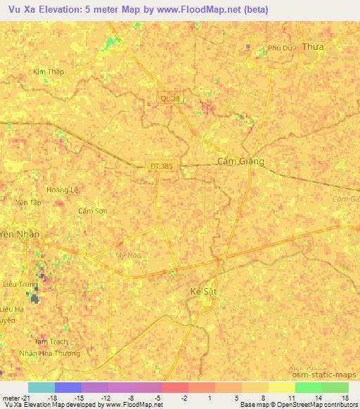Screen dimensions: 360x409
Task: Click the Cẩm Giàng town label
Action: click(x=240, y=161)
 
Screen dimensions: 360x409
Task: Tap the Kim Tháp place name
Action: click(x=48, y=72)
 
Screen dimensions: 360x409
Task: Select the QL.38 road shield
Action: click(x=171, y=99)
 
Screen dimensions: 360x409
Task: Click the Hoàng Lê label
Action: click(x=61, y=190)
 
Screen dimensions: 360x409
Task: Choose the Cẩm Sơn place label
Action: click(x=92, y=211)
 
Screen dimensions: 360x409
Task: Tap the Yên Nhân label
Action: click(x=20, y=234)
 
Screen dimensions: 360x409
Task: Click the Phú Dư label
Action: click(x=280, y=48)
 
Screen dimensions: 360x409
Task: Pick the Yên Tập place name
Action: click(x=29, y=202)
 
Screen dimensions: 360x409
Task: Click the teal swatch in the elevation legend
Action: click(x=41, y=387)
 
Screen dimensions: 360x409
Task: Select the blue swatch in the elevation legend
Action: click(x=68, y=387)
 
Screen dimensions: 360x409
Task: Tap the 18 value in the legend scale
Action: click(x=345, y=397)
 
